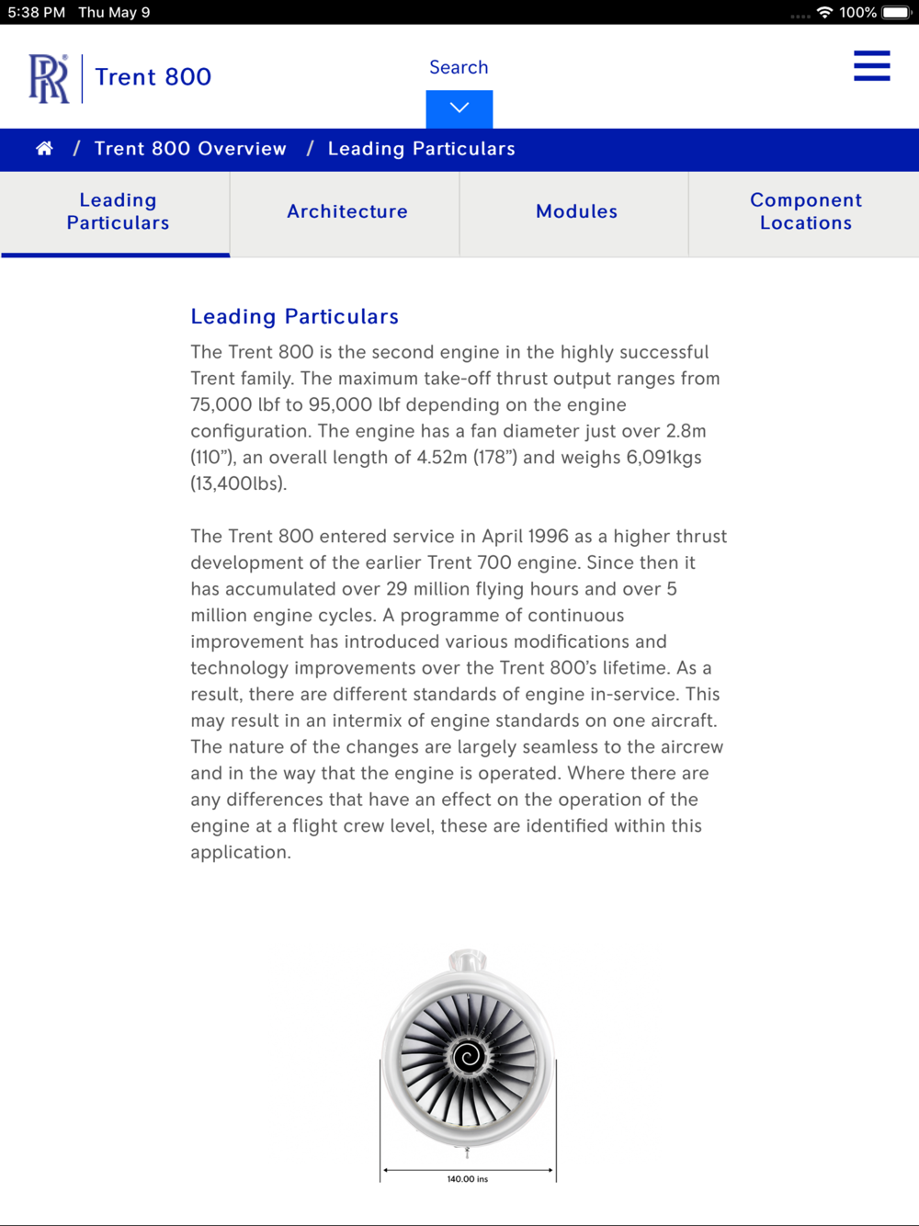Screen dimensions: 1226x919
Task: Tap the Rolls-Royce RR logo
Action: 49,78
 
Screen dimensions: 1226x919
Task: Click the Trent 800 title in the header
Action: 153,77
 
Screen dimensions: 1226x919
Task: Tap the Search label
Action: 459,67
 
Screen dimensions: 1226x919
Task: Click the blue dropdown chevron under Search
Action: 459,108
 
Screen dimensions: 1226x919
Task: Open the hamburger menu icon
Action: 871,66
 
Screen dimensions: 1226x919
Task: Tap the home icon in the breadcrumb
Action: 44,149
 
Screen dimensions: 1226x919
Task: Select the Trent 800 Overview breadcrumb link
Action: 190,149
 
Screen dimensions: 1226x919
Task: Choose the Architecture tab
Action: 346,211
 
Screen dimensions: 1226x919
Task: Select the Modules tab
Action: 576,211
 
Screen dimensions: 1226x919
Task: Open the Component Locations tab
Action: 805,211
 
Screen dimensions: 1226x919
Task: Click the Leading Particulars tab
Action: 118,211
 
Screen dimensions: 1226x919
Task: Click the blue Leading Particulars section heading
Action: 294,316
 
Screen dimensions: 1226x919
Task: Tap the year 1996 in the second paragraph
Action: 548,536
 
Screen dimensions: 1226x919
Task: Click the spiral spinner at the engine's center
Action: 468,1057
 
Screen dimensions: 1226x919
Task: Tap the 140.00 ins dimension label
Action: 468,1179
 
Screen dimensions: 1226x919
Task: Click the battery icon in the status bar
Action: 896,12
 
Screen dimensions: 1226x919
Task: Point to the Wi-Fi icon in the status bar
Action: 824,12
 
